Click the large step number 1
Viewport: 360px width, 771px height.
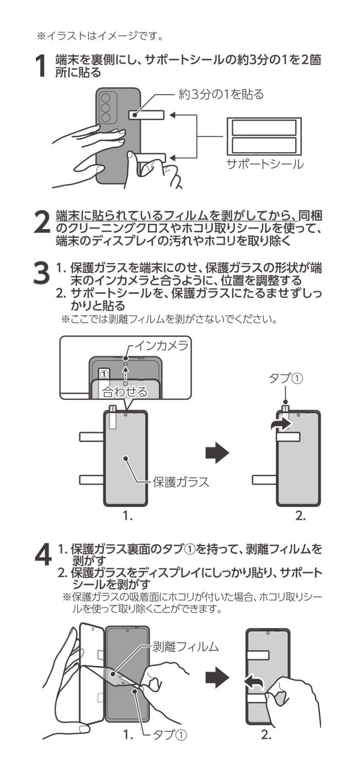43,66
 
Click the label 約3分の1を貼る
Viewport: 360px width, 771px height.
221,95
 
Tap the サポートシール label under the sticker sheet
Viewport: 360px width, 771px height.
265,164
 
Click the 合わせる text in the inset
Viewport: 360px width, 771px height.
124,392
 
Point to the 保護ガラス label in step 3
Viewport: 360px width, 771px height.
181,482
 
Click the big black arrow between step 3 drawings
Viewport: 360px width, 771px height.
217,453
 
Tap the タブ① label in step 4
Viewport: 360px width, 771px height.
170,735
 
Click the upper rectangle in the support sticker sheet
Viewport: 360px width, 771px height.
264,127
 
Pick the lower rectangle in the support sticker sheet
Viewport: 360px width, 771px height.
264,145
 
